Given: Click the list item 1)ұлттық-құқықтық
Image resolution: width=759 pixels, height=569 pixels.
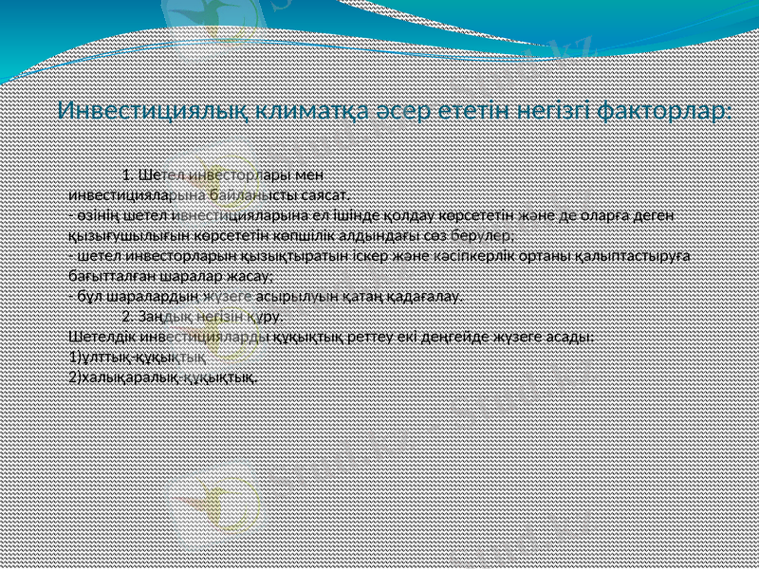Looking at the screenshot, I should [139, 357].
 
